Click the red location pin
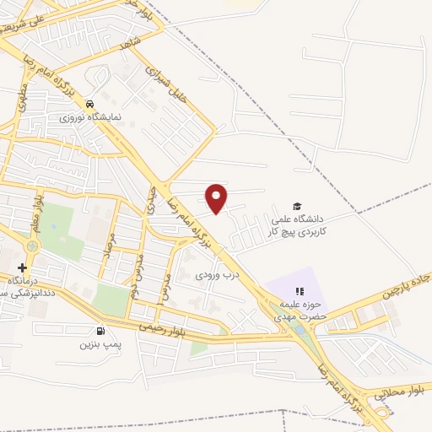pos(217,197)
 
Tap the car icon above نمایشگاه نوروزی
pos(89,105)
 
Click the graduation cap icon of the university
pos(296,206)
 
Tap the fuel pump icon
pos(101,331)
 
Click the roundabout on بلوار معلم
pos(34,246)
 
